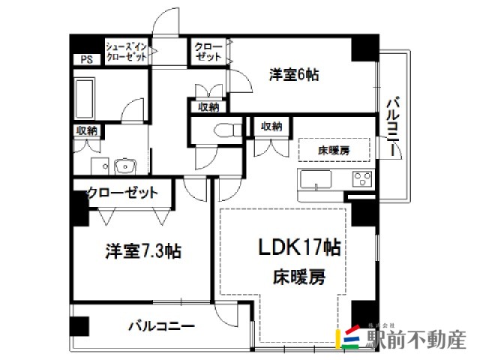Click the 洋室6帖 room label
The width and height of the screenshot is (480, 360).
[x=295, y=74]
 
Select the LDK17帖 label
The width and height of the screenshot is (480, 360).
[x=300, y=247]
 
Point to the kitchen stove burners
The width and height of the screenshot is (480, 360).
[x=362, y=181]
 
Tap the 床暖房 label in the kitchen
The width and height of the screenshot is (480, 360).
[x=334, y=150]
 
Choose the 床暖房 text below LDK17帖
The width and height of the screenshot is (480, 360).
[x=299, y=277]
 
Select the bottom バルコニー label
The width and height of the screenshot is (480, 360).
[x=160, y=327]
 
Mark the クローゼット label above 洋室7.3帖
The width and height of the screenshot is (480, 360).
[x=123, y=193]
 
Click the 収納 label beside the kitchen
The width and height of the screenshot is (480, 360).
[x=271, y=125]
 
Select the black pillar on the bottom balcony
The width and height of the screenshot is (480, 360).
[x=79, y=327]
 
